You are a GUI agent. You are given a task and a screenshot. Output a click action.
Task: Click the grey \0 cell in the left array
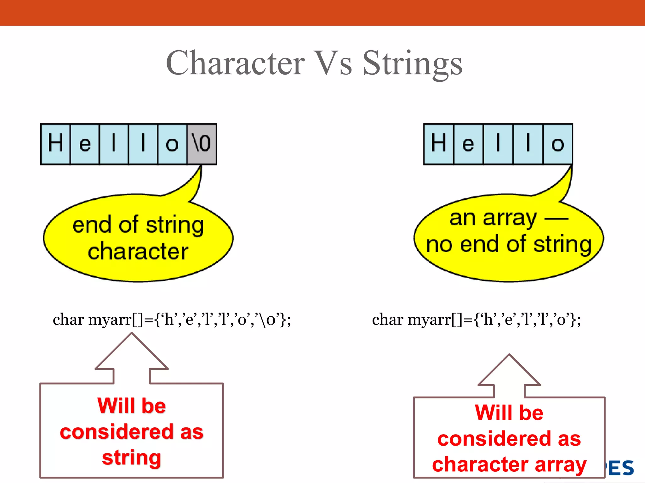pyautogui.click(x=202, y=144)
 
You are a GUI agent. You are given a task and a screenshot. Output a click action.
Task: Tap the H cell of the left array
pyautogui.click(x=55, y=144)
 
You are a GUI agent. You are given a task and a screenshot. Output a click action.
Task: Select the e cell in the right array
pyautogui.click(x=468, y=144)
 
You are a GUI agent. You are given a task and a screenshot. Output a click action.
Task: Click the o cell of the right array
pyautogui.click(x=558, y=144)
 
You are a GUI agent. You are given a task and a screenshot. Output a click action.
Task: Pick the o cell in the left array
pyautogui.click(x=172, y=144)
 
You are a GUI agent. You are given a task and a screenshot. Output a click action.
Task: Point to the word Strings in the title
pyautogui.click(x=413, y=63)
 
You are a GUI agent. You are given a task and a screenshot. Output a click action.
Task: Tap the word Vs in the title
pyautogui.click(x=334, y=63)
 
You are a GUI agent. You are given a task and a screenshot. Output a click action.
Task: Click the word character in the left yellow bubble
pyautogui.click(x=138, y=251)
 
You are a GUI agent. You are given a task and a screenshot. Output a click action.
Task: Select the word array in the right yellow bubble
pyautogui.click(x=510, y=218)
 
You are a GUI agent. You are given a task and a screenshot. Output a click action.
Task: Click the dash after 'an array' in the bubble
pyautogui.click(x=557, y=218)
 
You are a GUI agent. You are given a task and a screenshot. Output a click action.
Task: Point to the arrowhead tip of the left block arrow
pyautogui.click(x=132, y=334)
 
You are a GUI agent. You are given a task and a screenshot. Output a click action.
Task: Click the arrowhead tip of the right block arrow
pyautogui.click(x=509, y=355)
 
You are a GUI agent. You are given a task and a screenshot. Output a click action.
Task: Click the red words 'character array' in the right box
pyautogui.click(x=509, y=464)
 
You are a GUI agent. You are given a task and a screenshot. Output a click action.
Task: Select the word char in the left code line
pyautogui.click(x=68, y=320)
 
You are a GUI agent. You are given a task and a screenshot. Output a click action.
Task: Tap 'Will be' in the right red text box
pyautogui.click(x=509, y=413)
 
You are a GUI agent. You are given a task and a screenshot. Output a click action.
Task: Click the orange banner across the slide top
pyautogui.click(x=322, y=13)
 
